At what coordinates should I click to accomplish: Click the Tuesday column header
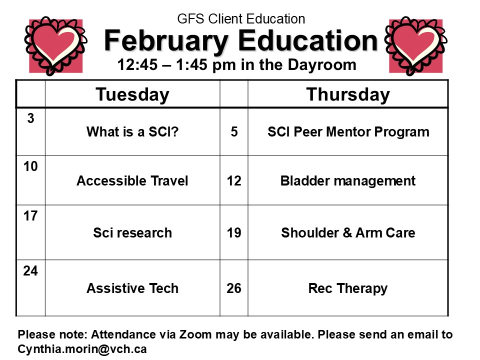coord(132,94)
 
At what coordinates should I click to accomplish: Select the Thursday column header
coord(347,94)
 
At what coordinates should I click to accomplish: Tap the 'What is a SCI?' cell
coord(132,132)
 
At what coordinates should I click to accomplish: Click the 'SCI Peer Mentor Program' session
coord(348,132)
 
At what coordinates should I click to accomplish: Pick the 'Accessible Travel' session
coord(132,180)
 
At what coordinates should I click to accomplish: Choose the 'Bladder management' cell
coord(348,180)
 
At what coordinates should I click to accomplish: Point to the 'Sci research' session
coord(132,232)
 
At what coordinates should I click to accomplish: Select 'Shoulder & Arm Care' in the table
coord(348,232)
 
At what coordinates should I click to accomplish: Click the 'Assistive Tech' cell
coord(132,288)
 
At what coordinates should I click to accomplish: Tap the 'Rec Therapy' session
coord(348,288)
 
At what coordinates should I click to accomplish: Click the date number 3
coord(30,119)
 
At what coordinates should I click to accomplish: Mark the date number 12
coord(233,180)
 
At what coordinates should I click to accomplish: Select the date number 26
coord(233,288)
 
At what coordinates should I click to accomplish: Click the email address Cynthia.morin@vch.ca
coord(82,349)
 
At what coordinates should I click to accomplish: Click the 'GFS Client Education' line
coord(241,19)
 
